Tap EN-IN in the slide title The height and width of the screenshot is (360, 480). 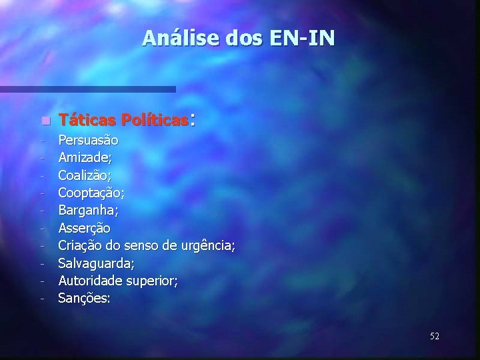[x=303, y=39]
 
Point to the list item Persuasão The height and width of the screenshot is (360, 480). [x=89, y=141]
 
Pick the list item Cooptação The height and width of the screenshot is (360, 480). [x=89, y=193]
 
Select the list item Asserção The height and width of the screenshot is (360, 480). [x=85, y=228]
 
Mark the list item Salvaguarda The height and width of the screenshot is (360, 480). [x=93, y=263]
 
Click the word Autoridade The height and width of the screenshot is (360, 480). [x=87, y=281]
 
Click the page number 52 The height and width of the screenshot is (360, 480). [x=434, y=336]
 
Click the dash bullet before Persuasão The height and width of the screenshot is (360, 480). [x=41, y=141]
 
